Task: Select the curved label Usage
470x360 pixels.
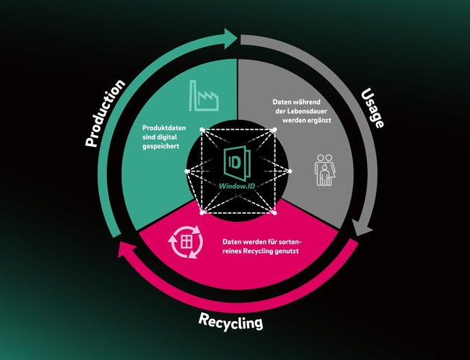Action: [x=372, y=108]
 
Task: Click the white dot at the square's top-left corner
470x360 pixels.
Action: [x=202, y=130]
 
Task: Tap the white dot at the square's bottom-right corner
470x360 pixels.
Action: [x=275, y=214]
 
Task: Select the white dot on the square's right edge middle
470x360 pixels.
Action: [x=290, y=171]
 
